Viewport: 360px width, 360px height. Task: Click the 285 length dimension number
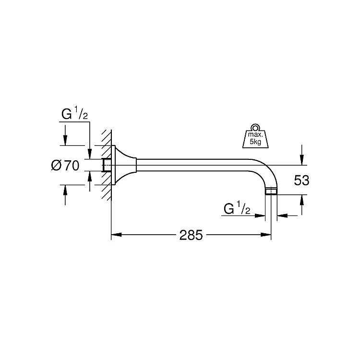pyautogui.click(x=191, y=235)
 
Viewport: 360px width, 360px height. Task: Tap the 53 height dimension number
pyautogui.click(x=301, y=180)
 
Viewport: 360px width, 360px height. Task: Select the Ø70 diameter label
pyautogui.click(x=65, y=165)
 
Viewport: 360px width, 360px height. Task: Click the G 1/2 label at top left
pyautogui.click(x=74, y=114)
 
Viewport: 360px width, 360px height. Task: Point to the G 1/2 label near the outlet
pyautogui.click(x=237, y=208)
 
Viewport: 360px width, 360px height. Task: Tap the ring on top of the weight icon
pyautogui.click(x=255, y=128)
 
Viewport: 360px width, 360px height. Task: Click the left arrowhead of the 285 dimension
pyautogui.click(x=116, y=235)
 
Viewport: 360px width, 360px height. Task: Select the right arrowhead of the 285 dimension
pyautogui.click(x=266, y=235)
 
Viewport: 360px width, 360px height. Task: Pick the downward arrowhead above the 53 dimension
pyautogui.click(x=302, y=160)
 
